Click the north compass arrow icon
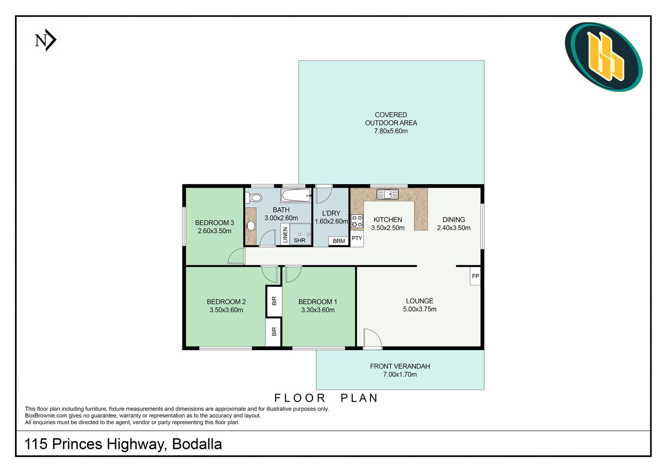(46, 40)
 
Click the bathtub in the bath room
(296, 195)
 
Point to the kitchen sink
(388, 194)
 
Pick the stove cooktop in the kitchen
(357, 221)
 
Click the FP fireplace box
(475, 276)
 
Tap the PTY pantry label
(357, 238)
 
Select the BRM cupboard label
(339, 241)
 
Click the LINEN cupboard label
(285, 235)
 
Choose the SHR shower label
(299, 240)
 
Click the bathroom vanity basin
(251, 225)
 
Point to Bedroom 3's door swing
(236, 256)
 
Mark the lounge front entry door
(372, 339)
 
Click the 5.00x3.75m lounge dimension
(420, 309)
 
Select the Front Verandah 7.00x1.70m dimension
(400, 374)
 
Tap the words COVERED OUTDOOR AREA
(391, 119)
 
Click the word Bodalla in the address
(197, 444)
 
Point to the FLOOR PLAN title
(326, 398)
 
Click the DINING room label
(454, 220)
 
